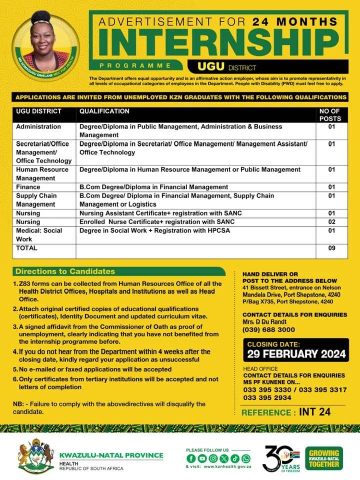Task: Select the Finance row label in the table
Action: tap(28, 187)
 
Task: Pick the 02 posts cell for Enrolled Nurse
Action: tap(331, 221)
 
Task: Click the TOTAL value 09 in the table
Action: tap(331, 248)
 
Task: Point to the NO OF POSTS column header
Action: tap(329, 115)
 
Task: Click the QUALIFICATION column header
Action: tap(104, 111)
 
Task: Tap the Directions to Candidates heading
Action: tap(65, 271)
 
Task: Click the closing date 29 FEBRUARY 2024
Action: tap(296, 354)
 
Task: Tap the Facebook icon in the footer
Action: tap(191, 458)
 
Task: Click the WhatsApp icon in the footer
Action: tap(245, 458)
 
